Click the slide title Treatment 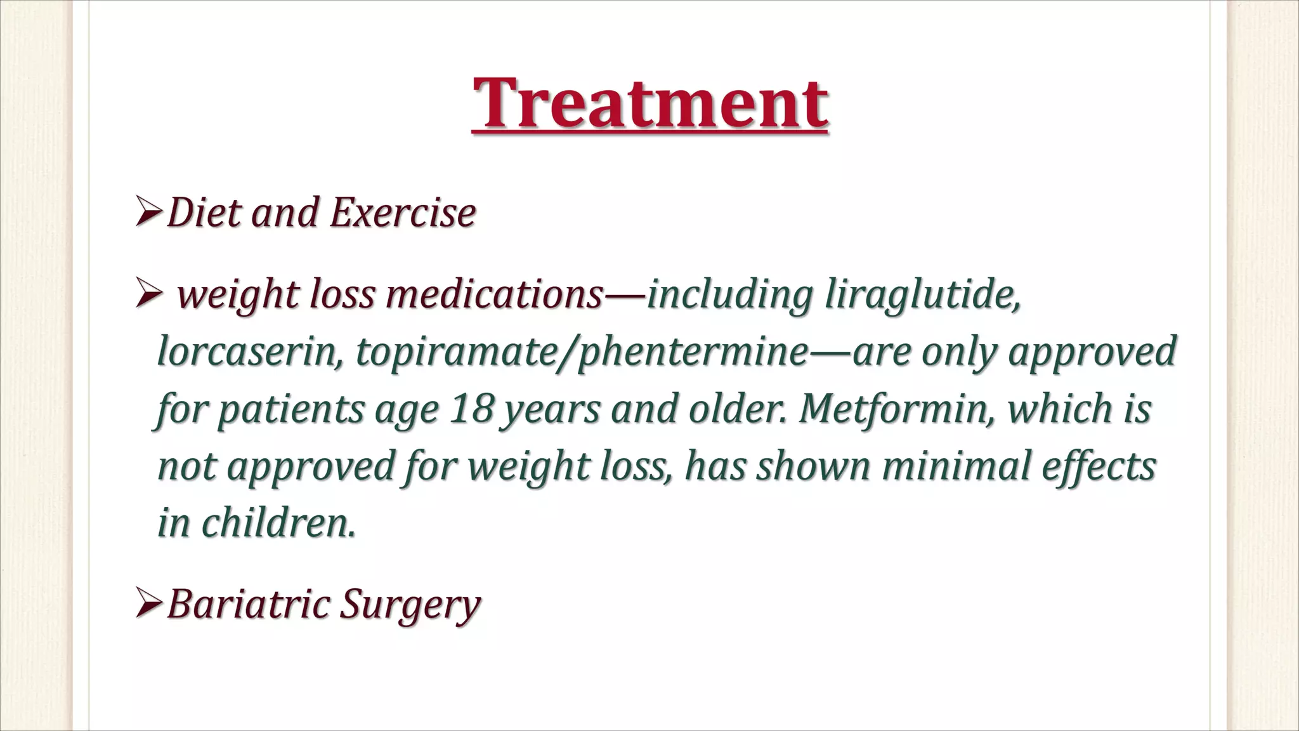(649, 103)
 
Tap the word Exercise (403, 212)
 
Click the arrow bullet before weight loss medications (148, 296)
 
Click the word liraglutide (922, 296)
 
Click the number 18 (472, 409)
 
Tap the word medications (494, 296)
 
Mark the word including (729, 296)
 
